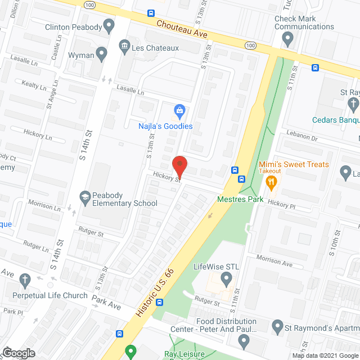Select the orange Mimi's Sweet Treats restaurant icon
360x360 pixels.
[x=271, y=181]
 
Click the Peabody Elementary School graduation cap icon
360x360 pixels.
[x=84, y=196]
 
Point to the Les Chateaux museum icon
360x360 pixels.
[x=124, y=44]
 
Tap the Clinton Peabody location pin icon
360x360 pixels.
[x=109, y=25]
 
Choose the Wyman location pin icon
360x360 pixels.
[x=102, y=54]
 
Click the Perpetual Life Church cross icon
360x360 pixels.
[x=25, y=280]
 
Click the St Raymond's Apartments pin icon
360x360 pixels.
[x=277, y=326]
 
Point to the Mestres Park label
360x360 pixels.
[x=236, y=199]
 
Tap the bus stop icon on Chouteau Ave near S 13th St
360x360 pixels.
[x=151, y=13]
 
